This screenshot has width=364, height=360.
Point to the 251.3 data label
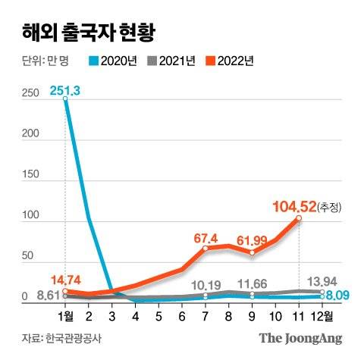point(65,90)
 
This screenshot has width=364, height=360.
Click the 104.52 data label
point(297,206)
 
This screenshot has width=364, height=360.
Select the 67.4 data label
point(206,237)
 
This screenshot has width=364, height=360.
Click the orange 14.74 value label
point(65,278)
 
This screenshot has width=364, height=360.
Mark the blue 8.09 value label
point(337,296)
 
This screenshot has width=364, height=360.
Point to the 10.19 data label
point(206,285)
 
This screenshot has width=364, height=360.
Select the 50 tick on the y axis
point(28,257)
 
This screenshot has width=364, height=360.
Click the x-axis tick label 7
point(206,314)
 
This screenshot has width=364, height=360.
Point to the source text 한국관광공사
point(75,339)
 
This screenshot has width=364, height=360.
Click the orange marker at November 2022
point(299,218)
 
